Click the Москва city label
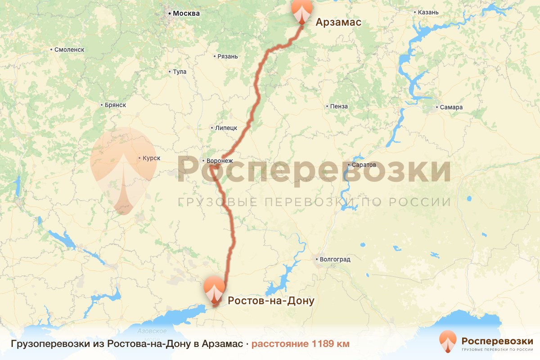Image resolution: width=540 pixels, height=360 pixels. pyautogui.click(x=186, y=13)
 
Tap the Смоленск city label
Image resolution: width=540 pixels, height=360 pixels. pyautogui.click(x=69, y=49)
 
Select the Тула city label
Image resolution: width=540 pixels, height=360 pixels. pyautogui.click(x=180, y=72)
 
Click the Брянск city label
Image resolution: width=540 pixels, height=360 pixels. pyautogui.click(x=115, y=105)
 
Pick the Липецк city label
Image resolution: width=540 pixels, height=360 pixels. pyautogui.click(x=226, y=128)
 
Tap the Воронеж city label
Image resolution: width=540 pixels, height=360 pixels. pyautogui.click(x=220, y=161)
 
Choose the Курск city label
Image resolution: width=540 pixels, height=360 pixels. pyautogui.click(x=151, y=158)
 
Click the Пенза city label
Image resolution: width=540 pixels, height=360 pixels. pyautogui.click(x=339, y=107)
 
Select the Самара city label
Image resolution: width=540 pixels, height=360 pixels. pyautogui.click(x=452, y=108)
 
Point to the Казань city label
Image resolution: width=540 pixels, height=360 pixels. pyautogui.click(x=428, y=12)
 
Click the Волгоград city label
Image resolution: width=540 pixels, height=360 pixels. pyautogui.click(x=334, y=259)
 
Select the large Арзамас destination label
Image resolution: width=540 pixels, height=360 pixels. pyautogui.click(x=338, y=22)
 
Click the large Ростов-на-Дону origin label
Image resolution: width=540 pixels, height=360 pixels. pyautogui.click(x=271, y=301)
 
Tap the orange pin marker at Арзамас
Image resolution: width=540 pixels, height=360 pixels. pyautogui.click(x=302, y=10)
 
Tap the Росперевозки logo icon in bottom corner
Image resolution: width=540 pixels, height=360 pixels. pyautogui.click(x=448, y=341)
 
